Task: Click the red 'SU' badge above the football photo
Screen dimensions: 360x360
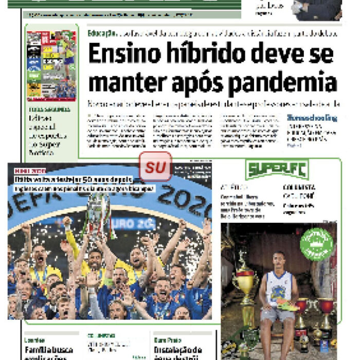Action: (155, 167)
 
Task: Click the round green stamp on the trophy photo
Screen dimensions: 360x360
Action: (317, 244)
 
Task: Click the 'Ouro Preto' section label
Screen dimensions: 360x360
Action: (167, 340)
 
